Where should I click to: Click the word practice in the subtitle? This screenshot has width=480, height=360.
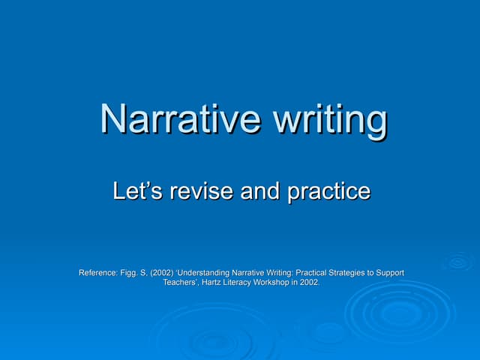329,192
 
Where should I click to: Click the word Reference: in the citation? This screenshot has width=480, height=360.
98,273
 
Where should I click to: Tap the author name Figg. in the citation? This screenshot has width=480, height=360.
130,273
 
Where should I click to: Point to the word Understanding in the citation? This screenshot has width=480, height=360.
211,273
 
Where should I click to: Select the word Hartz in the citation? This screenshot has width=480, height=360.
214,283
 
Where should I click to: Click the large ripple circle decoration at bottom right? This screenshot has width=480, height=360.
400,312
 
